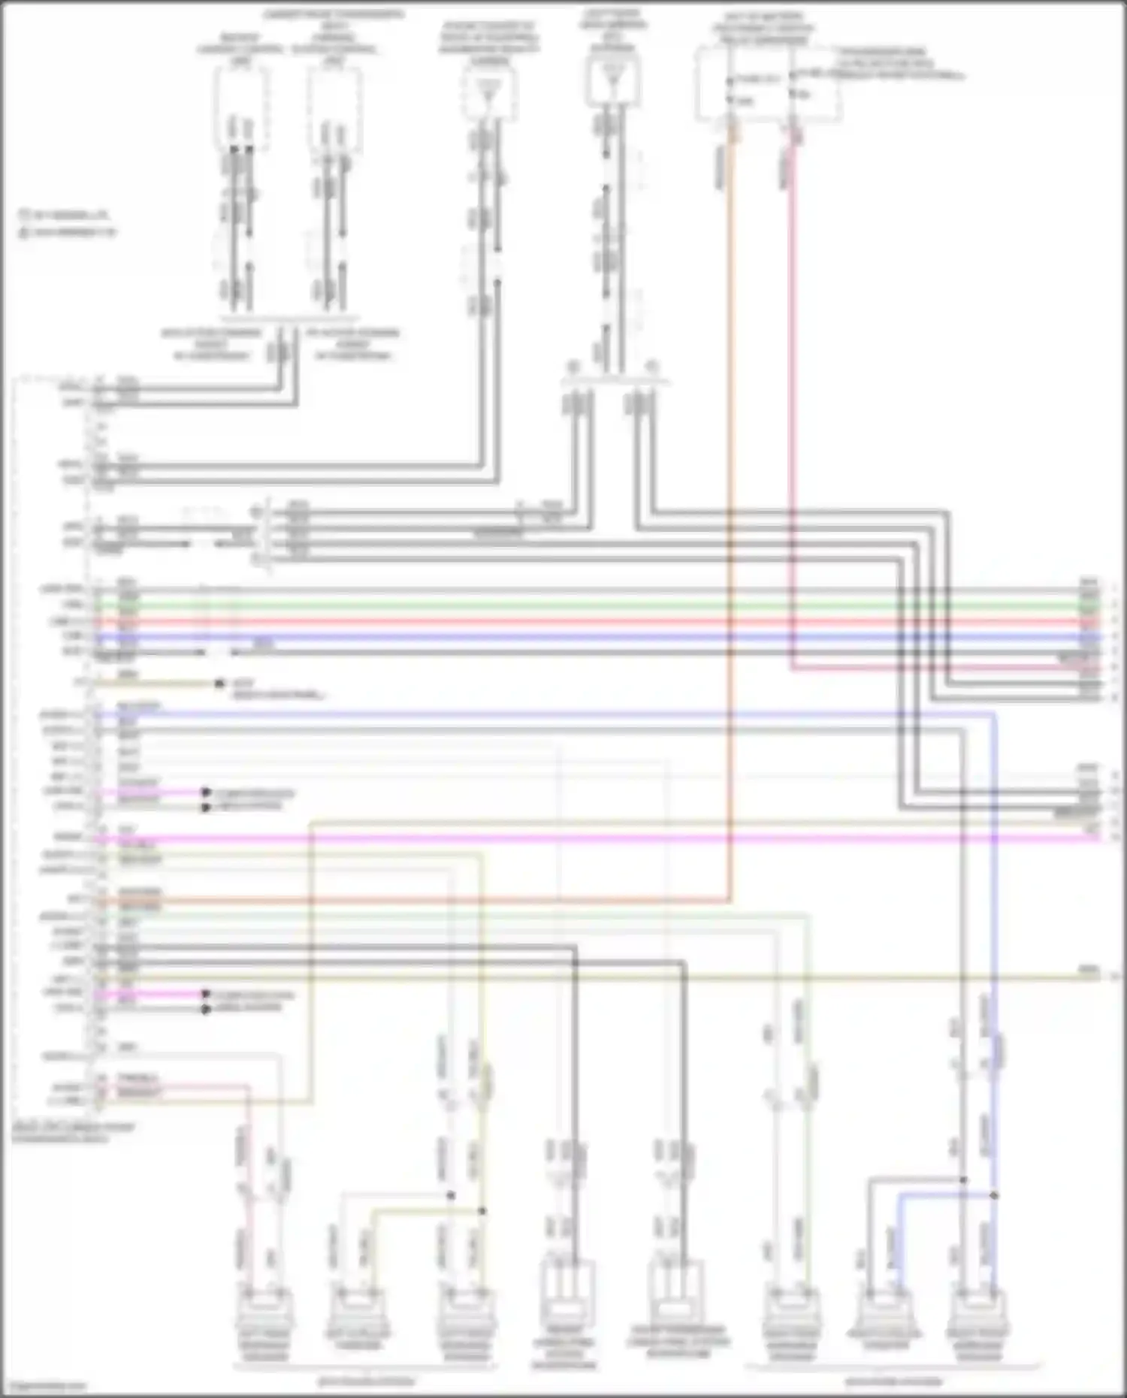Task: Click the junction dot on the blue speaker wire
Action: tap(994, 1195)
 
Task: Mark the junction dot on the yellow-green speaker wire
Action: tap(482, 1210)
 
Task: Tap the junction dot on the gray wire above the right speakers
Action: tap(963, 1180)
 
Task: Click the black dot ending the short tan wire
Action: tap(219, 684)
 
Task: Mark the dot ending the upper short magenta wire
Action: tap(205, 793)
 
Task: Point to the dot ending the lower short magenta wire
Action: tap(205, 994)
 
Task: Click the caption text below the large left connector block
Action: tap(73, 1133)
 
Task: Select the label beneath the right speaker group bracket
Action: tap(893, 1381)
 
